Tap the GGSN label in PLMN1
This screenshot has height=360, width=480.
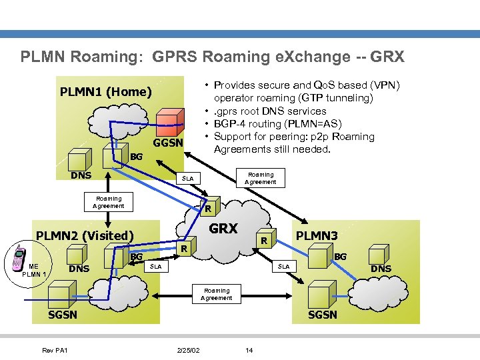click(167, 143)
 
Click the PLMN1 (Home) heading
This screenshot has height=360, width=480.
click(106, 91)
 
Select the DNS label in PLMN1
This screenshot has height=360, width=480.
click(81, 175)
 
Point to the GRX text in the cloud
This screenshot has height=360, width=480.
click(223, 229)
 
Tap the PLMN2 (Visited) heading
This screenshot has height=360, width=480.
click(85, 235)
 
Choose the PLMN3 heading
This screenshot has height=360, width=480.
click(317, 235)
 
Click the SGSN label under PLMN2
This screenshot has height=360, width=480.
click(63, 315)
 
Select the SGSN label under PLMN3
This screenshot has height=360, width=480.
click(322, 315)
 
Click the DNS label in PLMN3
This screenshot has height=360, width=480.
click(381, 269)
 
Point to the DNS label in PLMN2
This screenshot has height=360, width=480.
click(79, 269)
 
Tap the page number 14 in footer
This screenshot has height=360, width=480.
click(249, 350)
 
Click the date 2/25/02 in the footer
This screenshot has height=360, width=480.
click(187, 350)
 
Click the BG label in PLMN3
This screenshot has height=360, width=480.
click(340, 256)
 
